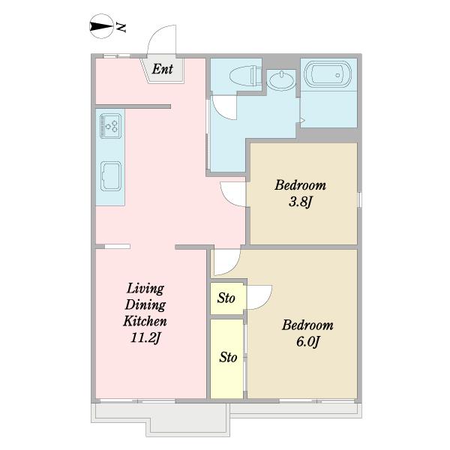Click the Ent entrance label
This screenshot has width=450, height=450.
163,69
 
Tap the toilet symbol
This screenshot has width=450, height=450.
246,76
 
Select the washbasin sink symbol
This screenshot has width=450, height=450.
281,79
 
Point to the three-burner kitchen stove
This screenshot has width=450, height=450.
110,126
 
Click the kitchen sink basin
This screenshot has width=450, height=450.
111,176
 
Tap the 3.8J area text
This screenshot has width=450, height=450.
300,202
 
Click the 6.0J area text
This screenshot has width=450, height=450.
308,341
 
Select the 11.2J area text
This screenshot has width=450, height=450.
145,337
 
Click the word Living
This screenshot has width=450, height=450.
145,289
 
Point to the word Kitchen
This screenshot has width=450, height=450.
145,321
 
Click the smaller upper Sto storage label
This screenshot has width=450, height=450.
226,298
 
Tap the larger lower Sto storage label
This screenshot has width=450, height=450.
228,357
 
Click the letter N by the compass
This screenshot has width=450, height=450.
121,27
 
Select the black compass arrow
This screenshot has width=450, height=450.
100,27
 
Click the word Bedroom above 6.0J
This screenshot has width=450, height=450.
307,325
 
